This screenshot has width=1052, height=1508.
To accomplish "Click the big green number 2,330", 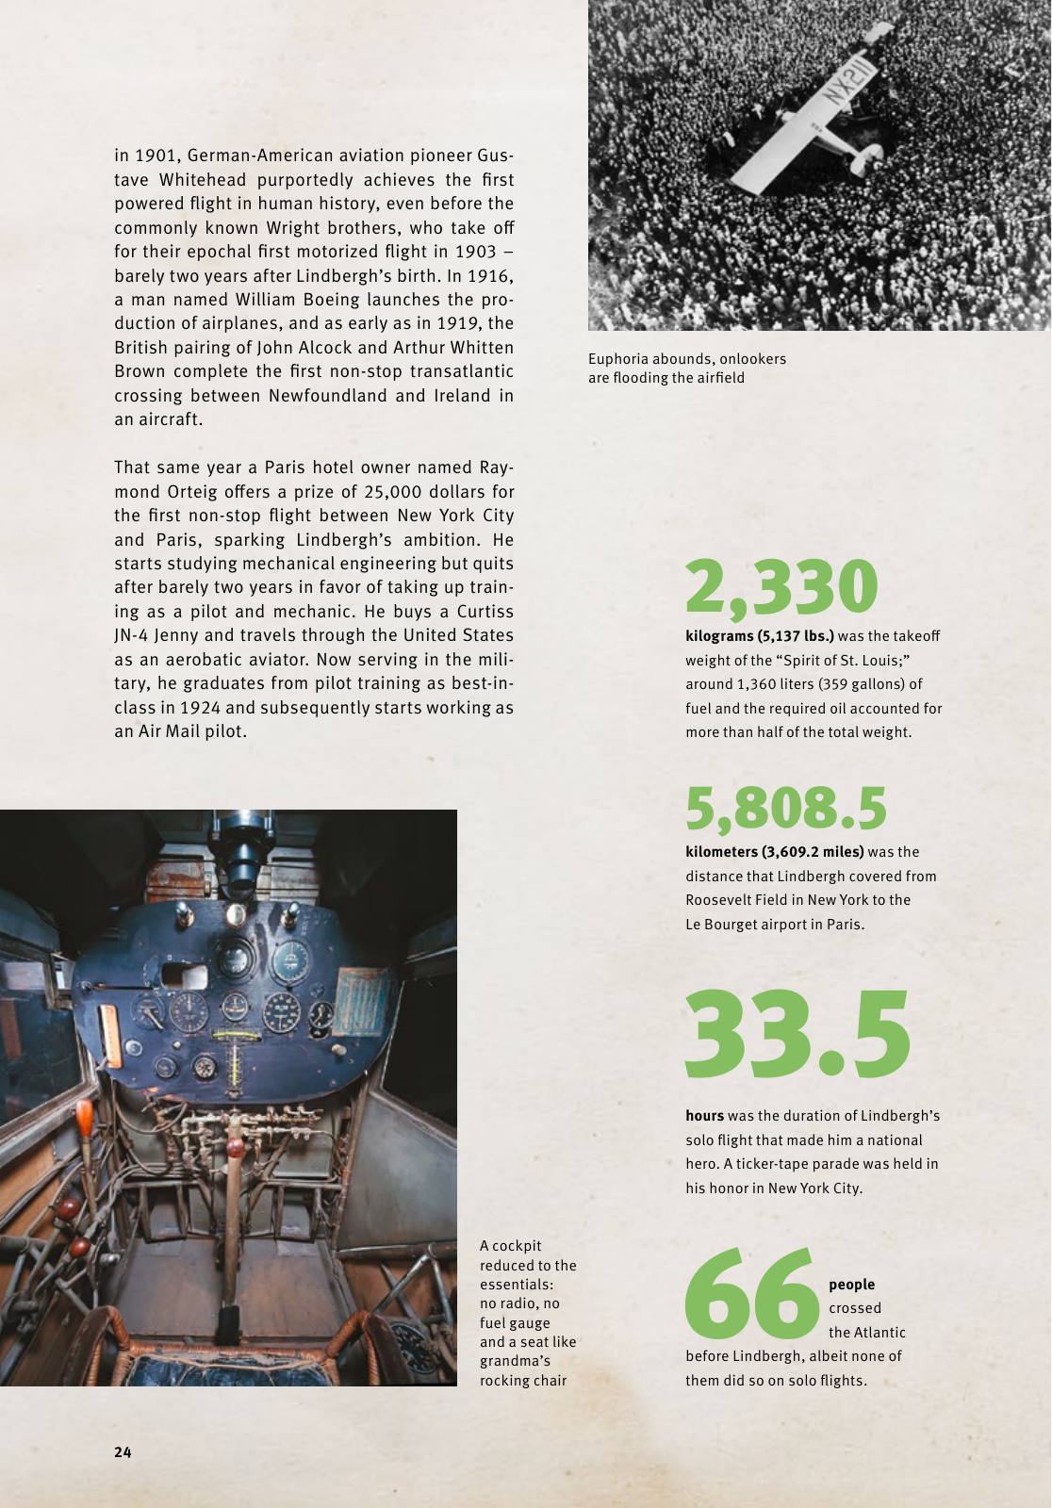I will pos(781,586).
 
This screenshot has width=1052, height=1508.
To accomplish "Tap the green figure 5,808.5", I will pos(786,809).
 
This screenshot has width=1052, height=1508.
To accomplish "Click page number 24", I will pos(123,1452).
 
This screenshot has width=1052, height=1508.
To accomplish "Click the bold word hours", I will pos(704,1116).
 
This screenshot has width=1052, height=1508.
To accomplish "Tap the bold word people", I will pos(852,1285).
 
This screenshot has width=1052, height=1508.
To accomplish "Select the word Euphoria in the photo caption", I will pos(617,359).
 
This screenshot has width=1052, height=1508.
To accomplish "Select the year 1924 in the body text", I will pos(200,708).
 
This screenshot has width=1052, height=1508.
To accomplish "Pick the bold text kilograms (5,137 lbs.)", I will pos(759,636).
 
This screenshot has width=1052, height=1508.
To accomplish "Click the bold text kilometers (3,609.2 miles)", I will pos(774,852).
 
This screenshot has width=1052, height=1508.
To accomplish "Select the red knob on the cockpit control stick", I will pos(234,1149).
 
